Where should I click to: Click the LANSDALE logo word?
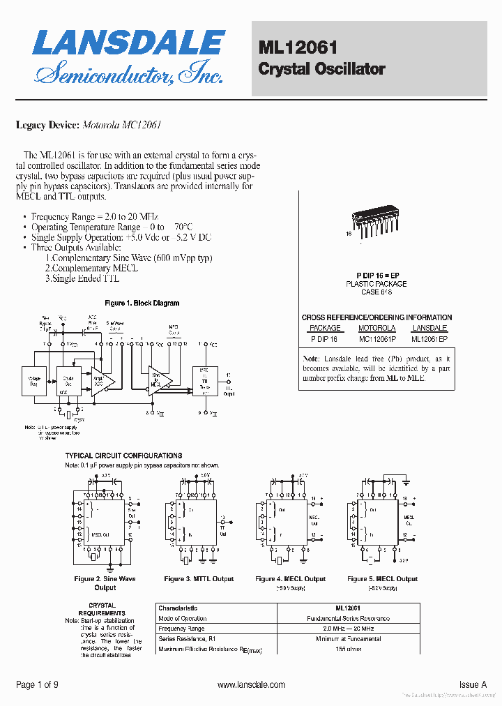[x=128, y=43]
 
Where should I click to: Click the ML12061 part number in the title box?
[x=298, y=47]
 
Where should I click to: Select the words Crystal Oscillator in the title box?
[x=321, y=69]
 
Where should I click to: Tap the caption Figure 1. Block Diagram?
[x=142, y=303]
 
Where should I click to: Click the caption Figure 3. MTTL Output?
[x=199, y=579]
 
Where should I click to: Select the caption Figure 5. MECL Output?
[x=382, y=579]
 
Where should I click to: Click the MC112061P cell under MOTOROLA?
[x=376, y=339]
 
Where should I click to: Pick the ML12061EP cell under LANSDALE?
[x=429, y=339]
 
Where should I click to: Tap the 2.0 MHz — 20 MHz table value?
[x=348, y=629]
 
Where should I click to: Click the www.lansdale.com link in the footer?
[x=251, y=685]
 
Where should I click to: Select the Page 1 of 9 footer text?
[x=37, y=685]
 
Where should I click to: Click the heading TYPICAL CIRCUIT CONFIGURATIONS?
[x=123, y=456]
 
